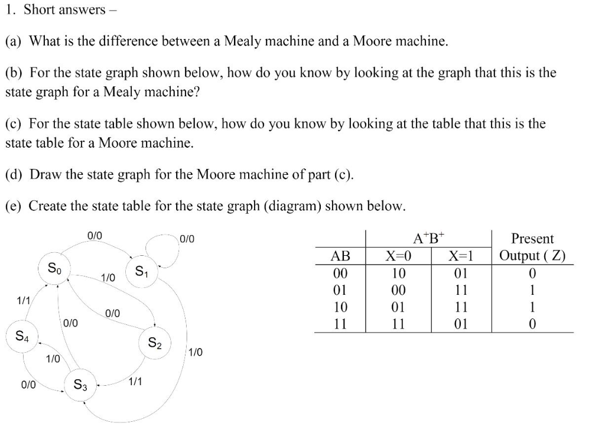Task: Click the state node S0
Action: [54, 269]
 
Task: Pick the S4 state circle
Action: [21, 337]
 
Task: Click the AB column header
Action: [340, 256]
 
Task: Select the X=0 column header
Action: [399, 256]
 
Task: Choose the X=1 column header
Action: [462, 256]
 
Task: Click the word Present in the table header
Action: [532, 239]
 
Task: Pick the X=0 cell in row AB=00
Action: [399, 274]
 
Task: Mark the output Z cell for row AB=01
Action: [532, 291]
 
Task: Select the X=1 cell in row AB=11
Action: [462, 324]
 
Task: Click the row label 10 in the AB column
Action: [340, 307]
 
